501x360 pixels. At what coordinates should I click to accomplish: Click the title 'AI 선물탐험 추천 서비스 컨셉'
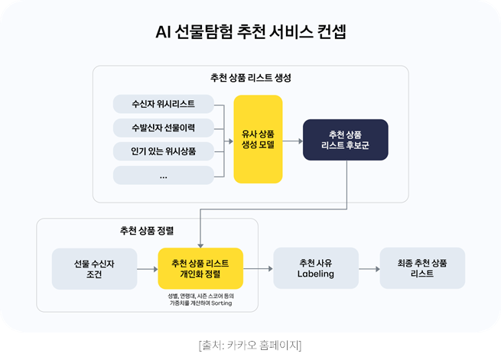click(250, 33)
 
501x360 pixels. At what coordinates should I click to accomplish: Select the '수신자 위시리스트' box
click(163, 103)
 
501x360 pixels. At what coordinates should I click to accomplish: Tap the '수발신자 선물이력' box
click(163, 127)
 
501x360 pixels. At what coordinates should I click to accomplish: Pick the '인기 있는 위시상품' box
click(163, 151)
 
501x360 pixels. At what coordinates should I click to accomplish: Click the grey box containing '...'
click(163, 175)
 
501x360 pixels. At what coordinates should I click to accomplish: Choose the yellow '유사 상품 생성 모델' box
click(258, 139)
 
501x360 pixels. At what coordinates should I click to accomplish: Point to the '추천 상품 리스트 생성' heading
click(250, 78)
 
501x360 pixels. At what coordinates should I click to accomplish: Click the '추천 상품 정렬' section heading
click(147, 230)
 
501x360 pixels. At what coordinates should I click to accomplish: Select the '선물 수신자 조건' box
click(93, 268)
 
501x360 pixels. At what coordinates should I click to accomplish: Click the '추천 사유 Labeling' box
click(315, 268)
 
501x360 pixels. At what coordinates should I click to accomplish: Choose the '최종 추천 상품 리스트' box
click(421, 268)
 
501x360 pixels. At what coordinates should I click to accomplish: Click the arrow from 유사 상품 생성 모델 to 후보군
click(292, 140)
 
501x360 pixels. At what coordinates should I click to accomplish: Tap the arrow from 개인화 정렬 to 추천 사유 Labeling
click(258, 268)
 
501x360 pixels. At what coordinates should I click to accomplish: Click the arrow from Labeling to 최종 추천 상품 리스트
click(368, 268)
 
